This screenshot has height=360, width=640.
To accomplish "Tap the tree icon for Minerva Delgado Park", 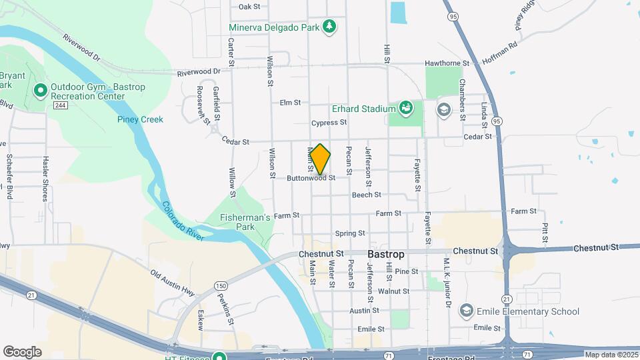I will tap(329, 27).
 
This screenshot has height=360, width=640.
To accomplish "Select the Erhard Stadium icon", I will tap(405, 108).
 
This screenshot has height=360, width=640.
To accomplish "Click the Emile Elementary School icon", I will tap(466, 311).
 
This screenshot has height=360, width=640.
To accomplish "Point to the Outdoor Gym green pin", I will tap(39, 89).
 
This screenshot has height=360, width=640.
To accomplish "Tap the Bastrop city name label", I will tap(386, 254).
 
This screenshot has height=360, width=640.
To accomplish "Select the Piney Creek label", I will tap(140, 119).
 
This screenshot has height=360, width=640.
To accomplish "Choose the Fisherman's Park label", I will tap(246, 223).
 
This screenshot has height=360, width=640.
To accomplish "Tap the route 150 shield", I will tap(221, 267).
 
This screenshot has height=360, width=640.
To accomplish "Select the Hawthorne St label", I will tap(447, 63).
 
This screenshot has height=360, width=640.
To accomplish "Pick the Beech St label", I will tap(366, 195).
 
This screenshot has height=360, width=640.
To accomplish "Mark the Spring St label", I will tap(350, 233).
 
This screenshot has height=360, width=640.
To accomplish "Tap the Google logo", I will tap(22, 351).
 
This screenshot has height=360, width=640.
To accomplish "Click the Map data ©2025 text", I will tap(611, 355).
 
